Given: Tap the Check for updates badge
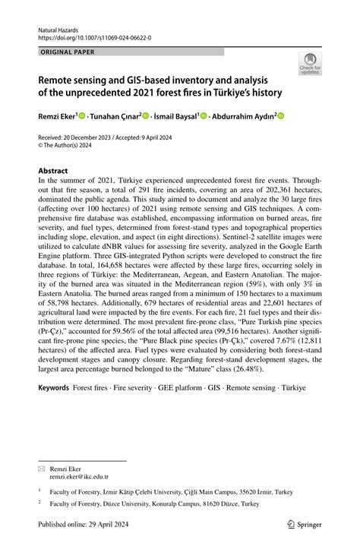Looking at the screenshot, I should [310, 65].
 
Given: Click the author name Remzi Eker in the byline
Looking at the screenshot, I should [59, 116].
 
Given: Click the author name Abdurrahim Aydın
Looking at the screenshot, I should [242, 116].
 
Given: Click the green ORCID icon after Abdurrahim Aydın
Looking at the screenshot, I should [280, 116].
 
